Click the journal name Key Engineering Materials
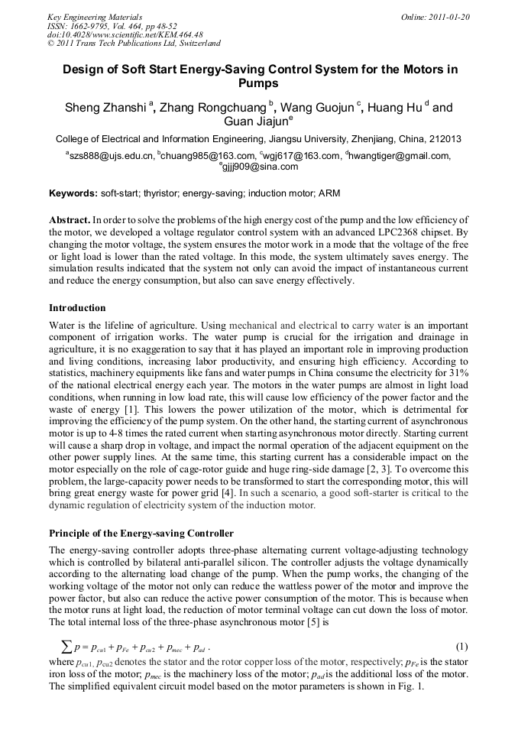95,16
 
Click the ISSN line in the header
112,25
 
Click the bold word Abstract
70,219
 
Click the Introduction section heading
77,308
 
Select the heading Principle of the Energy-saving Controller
141,533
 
